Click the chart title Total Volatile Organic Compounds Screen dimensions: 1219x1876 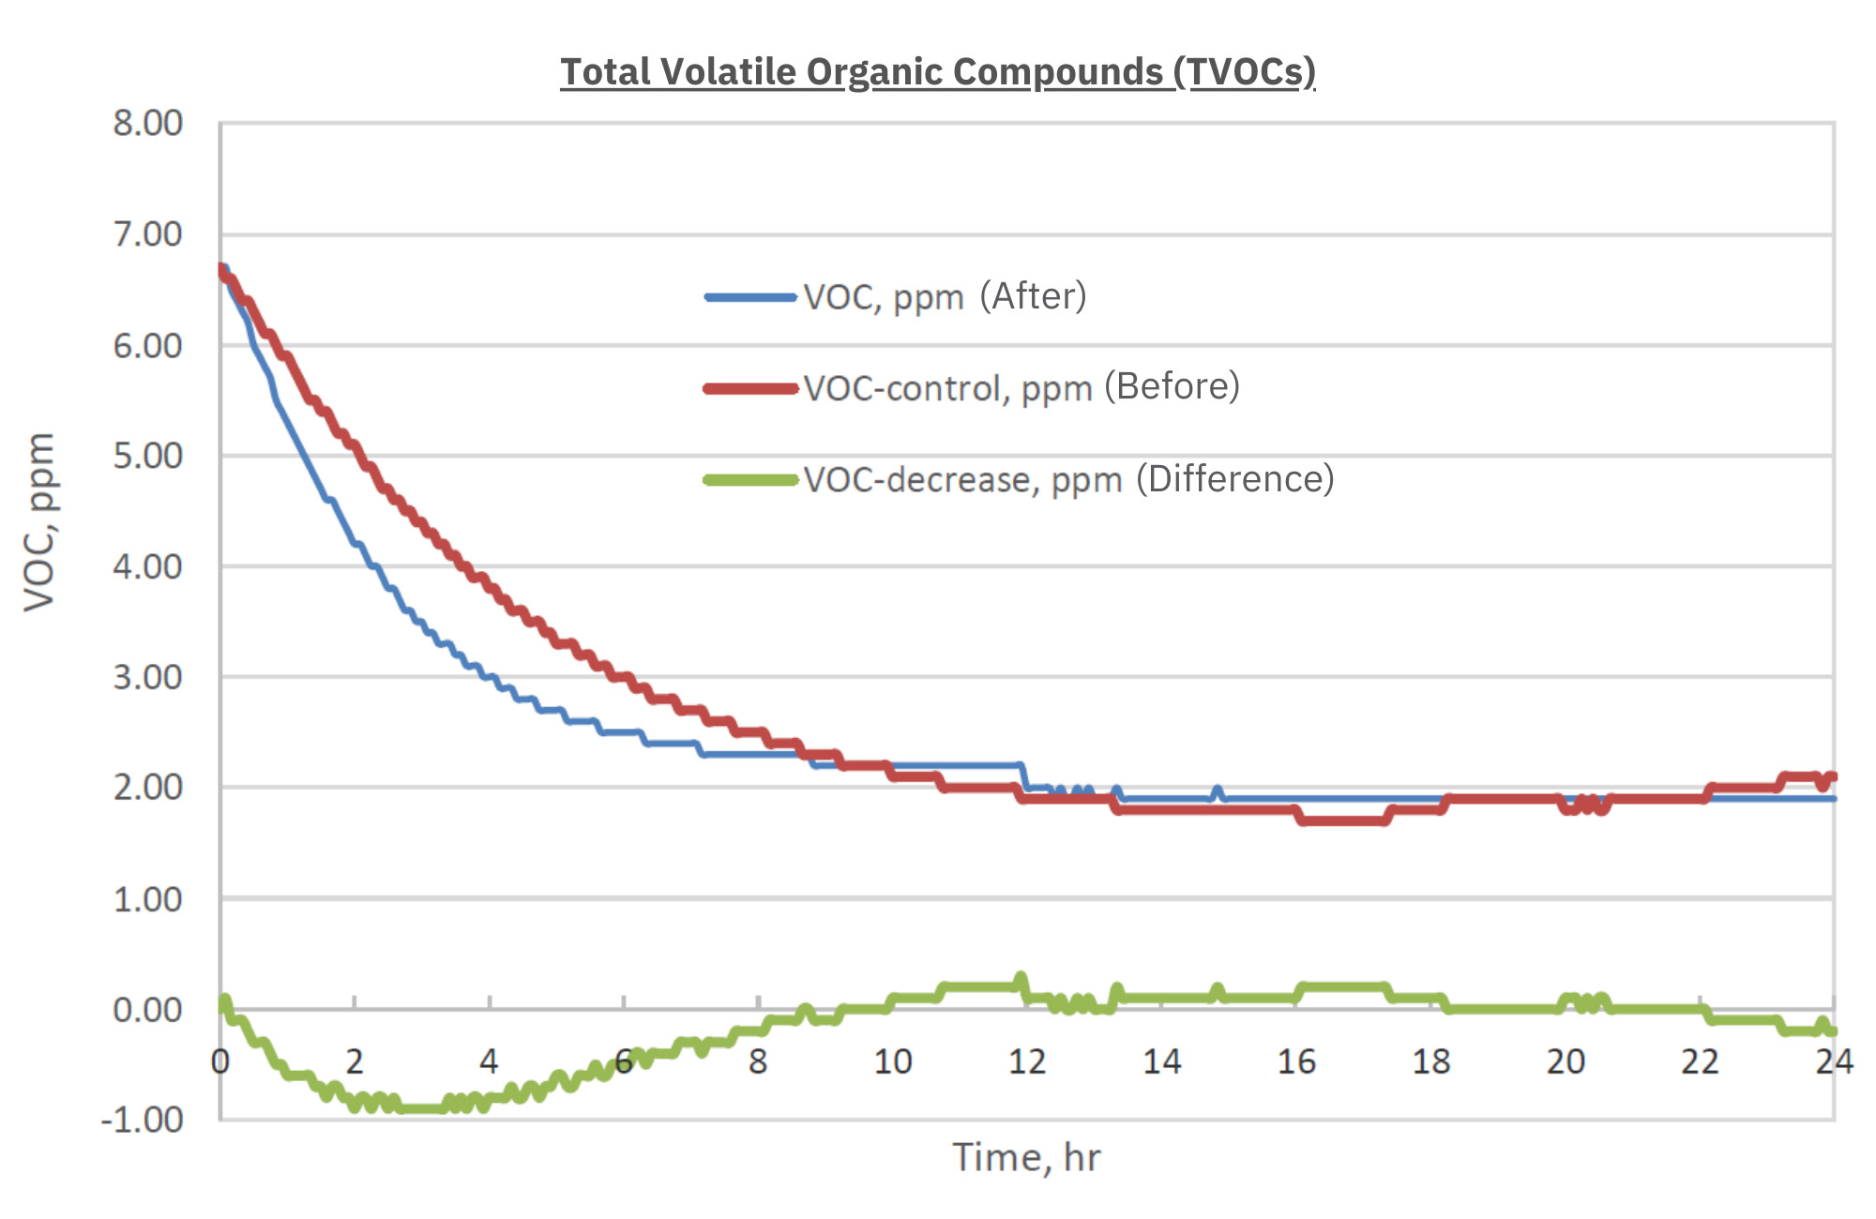[938, 72]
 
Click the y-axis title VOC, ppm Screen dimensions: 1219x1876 [39, 521]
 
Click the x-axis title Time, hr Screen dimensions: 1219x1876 [1026, 1157]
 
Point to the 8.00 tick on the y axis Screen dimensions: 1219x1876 [148, 123]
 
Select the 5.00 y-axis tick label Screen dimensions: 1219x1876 [148, 456]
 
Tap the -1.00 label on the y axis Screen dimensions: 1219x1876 [143, 1120]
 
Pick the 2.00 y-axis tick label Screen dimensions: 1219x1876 [148, 788]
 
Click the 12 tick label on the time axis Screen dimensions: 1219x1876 [1027, 1061]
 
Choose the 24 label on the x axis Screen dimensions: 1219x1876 [1834, 1061]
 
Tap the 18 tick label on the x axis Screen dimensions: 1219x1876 [1430, 1061]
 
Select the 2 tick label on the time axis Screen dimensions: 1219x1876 [355, 1061]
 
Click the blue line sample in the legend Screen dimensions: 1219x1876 [750, 297]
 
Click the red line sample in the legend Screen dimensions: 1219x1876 [750, 388]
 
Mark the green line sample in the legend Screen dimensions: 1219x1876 [750, 480]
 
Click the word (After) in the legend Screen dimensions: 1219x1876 [1033, 296]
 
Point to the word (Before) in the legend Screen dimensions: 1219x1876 [1172, 386]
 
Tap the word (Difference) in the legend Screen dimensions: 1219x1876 [1234, 479]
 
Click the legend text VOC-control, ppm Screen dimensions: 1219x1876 [947, 388]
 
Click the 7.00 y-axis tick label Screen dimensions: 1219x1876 [148, 234]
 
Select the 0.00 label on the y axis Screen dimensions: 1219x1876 [148, 1010]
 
